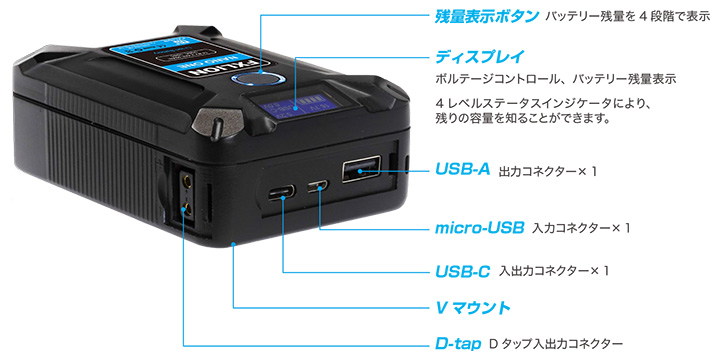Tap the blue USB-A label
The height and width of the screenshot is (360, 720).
[x=462, y=170]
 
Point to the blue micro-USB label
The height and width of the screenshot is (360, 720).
[x=480, y=228]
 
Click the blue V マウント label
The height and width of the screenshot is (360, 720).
[x=473, y=307]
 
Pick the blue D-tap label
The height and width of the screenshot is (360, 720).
[x=457, y=342]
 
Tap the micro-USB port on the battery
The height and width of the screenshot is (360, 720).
[x=319, y=185]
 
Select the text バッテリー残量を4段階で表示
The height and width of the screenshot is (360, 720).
[x=628, y=16]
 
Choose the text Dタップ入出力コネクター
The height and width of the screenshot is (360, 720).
[x=556, y=343]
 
